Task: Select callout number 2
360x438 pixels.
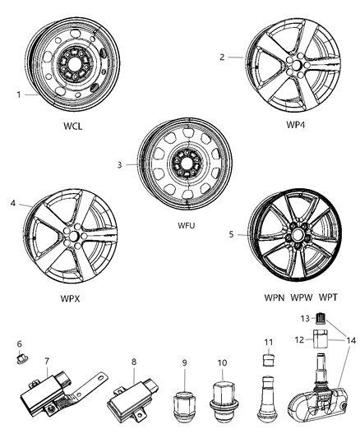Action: coord(222,57)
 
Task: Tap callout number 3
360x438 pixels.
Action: coord(120,164)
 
